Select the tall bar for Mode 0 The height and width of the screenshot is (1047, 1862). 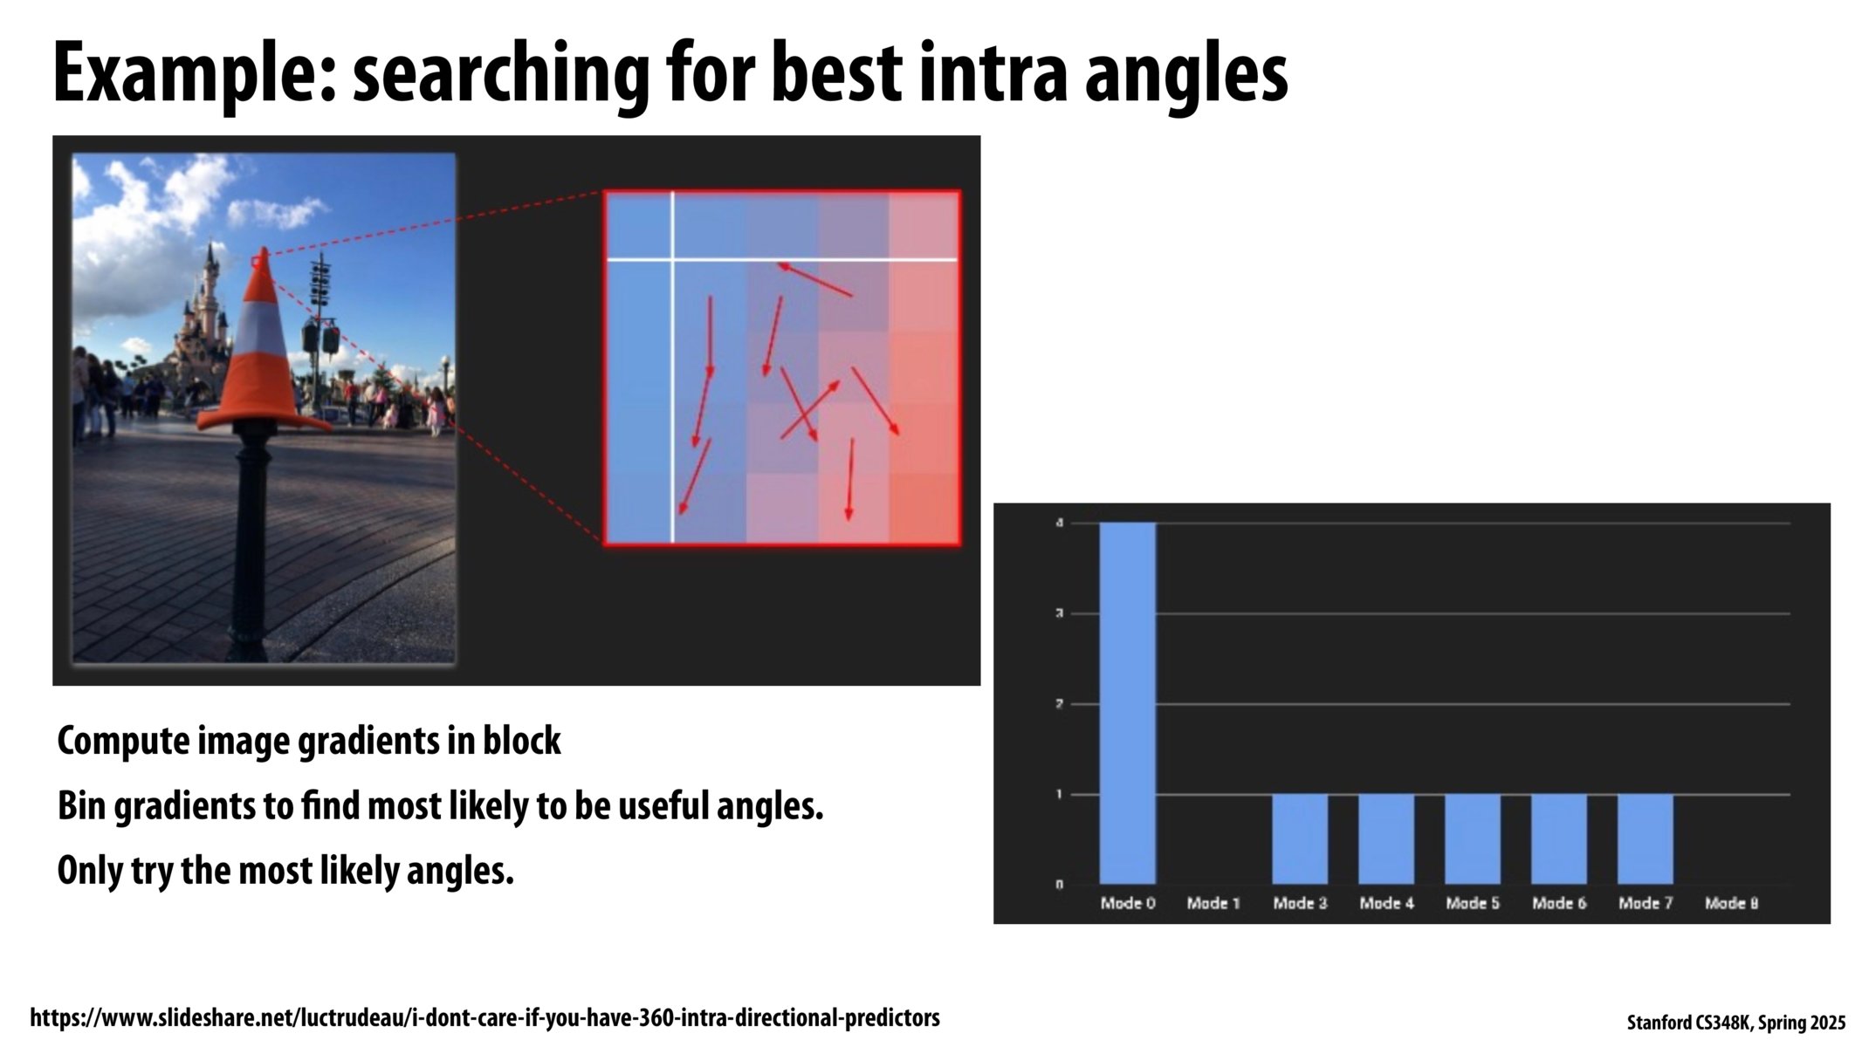[1127, 702]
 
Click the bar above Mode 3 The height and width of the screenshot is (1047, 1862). [1299, 838]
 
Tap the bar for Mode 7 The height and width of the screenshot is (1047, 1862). [1645, 838]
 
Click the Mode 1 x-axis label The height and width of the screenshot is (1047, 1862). [1213, 903]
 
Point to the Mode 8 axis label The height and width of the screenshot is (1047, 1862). [1731, 903]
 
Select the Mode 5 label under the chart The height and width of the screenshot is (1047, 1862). [1472, 903]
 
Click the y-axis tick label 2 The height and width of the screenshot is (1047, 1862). [1059, 704]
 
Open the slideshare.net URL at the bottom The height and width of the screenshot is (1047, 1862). [484, 1017]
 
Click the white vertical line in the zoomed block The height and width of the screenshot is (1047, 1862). [672, 393]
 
